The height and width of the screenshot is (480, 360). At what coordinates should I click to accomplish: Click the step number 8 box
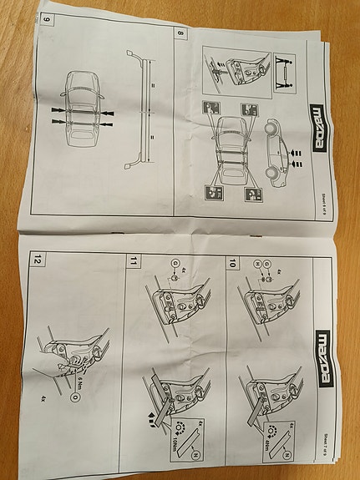tap(180, 35)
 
